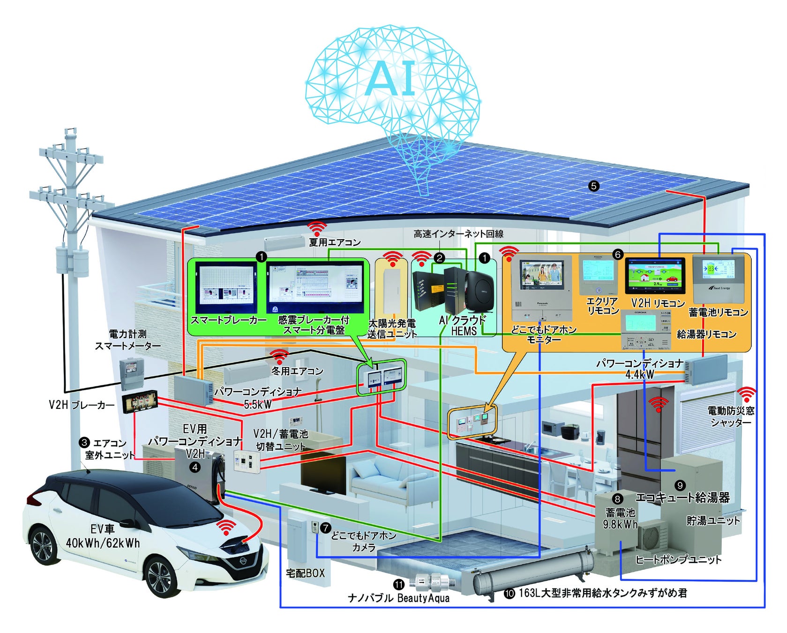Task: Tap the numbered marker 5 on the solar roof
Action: (x=593, y=186)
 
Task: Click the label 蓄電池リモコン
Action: (x=718, y=312)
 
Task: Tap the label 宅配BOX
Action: (x=305, y=573)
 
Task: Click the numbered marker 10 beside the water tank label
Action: (x=509, y=594)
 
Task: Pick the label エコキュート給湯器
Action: (x=682, y=497)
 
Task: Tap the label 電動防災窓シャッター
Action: (x=731, y=416)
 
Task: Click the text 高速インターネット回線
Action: (x=458, y=234)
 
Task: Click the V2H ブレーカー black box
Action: (x=140, y=402)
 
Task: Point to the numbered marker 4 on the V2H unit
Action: (x=194, y=467)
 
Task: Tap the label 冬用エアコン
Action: (x=298, y=371)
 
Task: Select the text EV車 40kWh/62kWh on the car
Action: (x=103, y=536)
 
